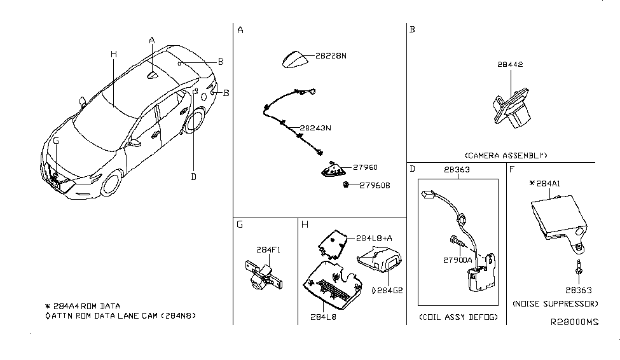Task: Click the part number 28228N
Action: [x=330, y=56]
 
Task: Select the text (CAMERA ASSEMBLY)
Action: [x=506, y=155]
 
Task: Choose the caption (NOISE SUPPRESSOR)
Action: [x=555, y=303]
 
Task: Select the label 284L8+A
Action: [x=373, y=237]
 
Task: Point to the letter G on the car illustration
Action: [x=56, y=140]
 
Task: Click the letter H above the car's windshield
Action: [x=113, y=55]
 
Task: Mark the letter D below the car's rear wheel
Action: [x=193, y=177]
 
